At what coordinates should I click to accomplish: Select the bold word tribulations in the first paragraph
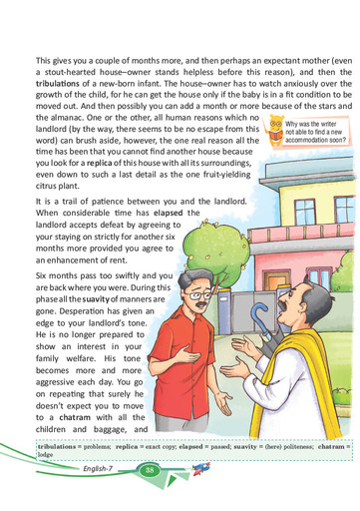click(57, 83)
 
